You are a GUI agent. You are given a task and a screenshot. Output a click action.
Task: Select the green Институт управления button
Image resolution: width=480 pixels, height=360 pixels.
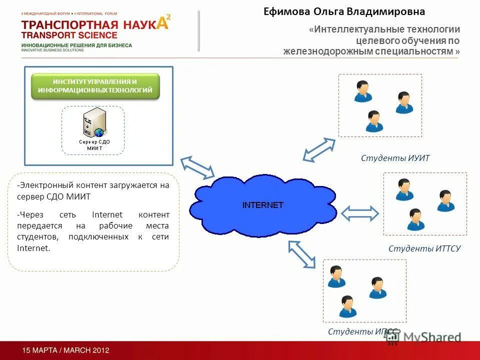click(95, 86)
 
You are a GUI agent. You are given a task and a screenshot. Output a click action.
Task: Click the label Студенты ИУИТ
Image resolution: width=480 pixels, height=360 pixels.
click(395, 158)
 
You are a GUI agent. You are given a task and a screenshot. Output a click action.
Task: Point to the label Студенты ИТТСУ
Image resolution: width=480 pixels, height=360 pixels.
click(424, 248)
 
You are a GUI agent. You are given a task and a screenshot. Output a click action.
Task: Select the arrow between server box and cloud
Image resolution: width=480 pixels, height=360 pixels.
click(197, 167)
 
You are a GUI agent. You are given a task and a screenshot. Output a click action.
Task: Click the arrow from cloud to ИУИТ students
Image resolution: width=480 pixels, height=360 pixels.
click(319, 149)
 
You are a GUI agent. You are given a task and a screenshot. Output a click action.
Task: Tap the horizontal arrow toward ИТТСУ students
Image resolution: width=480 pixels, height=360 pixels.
click(360, 213)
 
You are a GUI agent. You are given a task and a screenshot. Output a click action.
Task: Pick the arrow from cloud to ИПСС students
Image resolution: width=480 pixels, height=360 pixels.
click(302, 253)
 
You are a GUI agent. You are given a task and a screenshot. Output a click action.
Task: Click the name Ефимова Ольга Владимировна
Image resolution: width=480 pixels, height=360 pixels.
click(344, 11)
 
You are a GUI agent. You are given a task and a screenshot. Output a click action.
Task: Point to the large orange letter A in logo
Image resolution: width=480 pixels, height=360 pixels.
click(163, 24)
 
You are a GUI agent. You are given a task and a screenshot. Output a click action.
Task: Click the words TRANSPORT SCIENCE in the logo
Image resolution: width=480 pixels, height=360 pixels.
click(69, 35)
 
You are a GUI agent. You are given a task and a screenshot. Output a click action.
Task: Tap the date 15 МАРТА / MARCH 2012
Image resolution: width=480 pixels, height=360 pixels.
click(65, 350)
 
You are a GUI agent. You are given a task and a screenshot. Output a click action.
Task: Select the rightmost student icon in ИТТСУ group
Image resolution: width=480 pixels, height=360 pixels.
click(445, 200)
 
